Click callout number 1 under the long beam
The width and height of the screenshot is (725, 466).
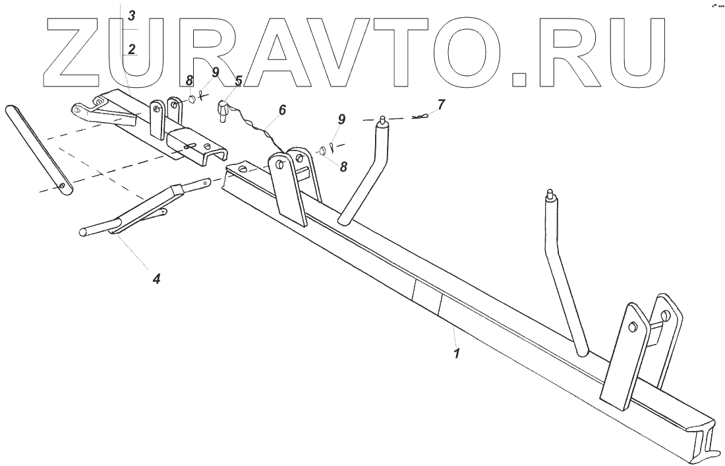[x=455, y=353]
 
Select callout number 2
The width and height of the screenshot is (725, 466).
[x=132, y=49]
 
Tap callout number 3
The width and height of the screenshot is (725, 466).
[x=132, y=15]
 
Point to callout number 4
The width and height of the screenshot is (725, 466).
[x=156, y=279]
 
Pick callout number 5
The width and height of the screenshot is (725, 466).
[x=239, y=81]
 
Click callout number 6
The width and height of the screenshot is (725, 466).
[x=282, y=110]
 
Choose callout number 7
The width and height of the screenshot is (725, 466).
[x=440, y=104]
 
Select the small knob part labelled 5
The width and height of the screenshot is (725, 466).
[x=223, y=109]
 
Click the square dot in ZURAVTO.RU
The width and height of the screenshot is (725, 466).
[x=520, y=79]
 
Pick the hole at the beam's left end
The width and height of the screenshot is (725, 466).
[x=243, y=170]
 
